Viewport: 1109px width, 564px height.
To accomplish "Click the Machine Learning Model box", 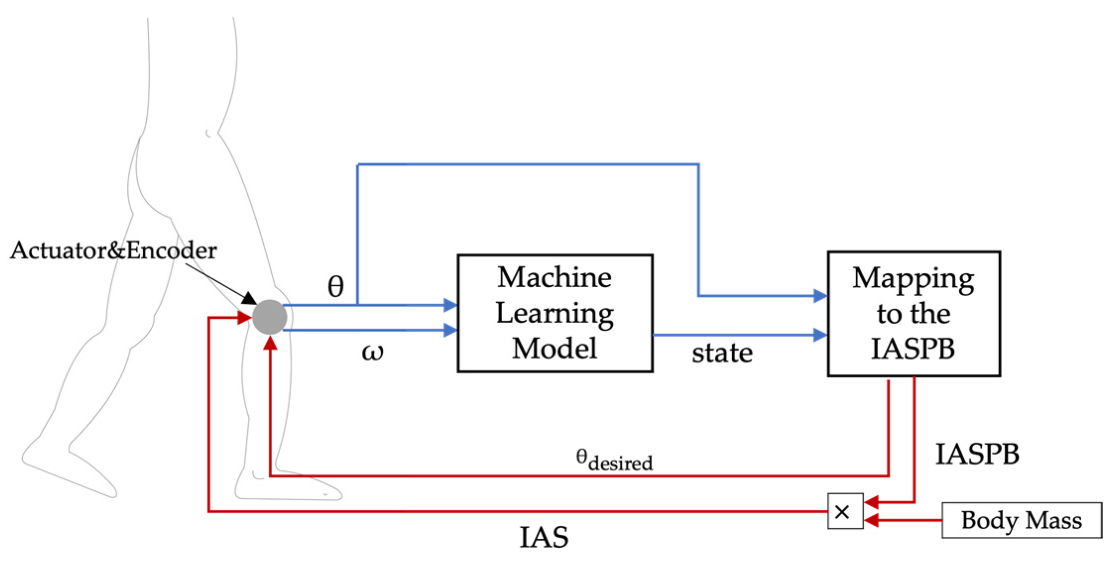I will point(554,313).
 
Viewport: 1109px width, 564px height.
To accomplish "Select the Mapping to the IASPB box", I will point(913,314).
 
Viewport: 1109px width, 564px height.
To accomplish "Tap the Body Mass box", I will point(1021,520).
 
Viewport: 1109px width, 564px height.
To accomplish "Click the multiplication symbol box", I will point(845,512).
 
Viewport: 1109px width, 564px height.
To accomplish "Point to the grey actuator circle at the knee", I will point(270,317).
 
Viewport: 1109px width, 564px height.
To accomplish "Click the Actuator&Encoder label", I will point(113,251).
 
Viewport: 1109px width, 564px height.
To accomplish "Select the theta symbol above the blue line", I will point(336,287).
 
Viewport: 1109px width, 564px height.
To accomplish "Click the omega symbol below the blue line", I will point(372,352).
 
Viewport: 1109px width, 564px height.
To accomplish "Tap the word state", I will point(722,353).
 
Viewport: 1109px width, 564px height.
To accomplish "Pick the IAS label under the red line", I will point(543,537).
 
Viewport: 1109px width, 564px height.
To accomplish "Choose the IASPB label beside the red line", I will point(977,454).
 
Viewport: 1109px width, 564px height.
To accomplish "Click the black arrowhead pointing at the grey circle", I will point(249,299).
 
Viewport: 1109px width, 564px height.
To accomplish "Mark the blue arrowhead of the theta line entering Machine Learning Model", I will point(450,305).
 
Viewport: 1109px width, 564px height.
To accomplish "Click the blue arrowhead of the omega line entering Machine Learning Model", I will point(450,330).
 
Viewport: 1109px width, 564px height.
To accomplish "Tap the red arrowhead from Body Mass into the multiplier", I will point(871,520).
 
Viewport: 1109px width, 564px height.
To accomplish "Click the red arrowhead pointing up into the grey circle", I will point(270,342).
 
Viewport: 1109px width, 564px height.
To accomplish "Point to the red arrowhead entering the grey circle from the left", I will point(244,317).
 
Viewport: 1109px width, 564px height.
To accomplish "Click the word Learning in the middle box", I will point(554,313).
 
